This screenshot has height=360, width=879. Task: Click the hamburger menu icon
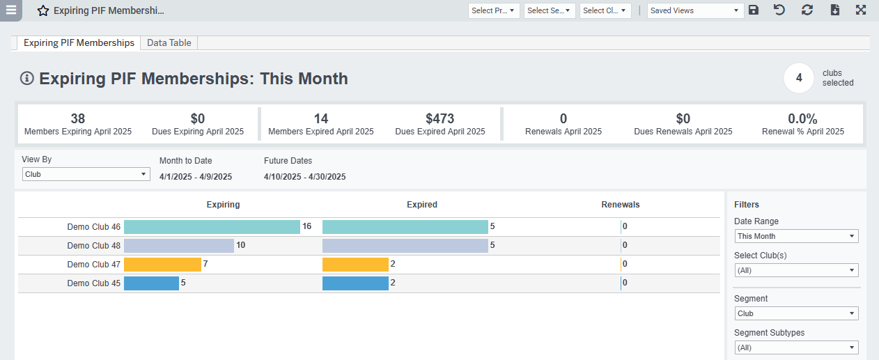pos(11,10)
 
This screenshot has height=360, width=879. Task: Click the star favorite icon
pos(43,11)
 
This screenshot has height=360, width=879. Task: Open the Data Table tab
pos(169,43)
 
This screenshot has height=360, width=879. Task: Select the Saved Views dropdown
pos(695,10)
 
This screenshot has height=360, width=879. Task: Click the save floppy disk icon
pos(754,10)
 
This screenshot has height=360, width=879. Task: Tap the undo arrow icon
pos(779,10)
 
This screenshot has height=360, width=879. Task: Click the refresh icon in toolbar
pos(807,10)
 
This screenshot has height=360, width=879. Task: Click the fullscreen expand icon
pos(861,10)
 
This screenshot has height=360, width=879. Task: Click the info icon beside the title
pos(27,79)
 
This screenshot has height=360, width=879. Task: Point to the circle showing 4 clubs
pos(799,78)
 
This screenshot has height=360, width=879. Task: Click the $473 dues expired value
pos(439,119)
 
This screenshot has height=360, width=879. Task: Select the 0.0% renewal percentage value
pos(802,119)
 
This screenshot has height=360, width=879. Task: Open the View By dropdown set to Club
pos(86,174)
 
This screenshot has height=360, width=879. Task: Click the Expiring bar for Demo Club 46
pos(212,227)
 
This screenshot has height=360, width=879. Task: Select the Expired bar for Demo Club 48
pos(405,246)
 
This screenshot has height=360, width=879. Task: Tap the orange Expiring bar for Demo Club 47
pos(162,265)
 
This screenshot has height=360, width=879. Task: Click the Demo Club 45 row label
pos(93,283)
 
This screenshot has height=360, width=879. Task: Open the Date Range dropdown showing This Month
pos(796,236)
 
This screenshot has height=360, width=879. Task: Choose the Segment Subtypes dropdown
pos(796,347)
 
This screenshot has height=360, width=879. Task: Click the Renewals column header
pos(620,205)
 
